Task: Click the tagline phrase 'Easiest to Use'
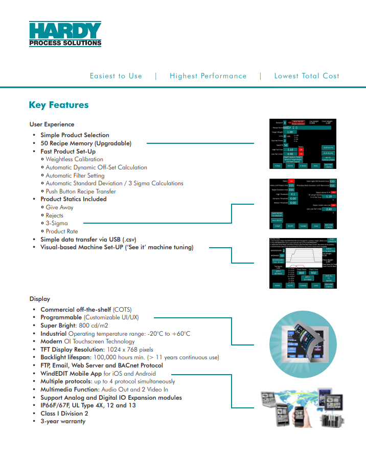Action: [x=116, y=76]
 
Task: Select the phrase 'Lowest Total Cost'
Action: [x=307, y=76]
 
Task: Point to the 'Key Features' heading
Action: [x=59, y=105]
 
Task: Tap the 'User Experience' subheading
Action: [x=52, y=124]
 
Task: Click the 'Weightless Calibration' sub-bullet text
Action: [x=74, y=159]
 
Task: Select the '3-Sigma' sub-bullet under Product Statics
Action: [x=57, y=223]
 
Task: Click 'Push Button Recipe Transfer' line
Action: [x=81, y=191]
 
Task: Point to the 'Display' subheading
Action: [x=40, y=299]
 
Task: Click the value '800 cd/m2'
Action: [x=93, y=325]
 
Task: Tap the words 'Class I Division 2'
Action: [x=64, y=414]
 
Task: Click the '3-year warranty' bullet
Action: [x=63, y=421]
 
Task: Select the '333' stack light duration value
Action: [x=332, y=181]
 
